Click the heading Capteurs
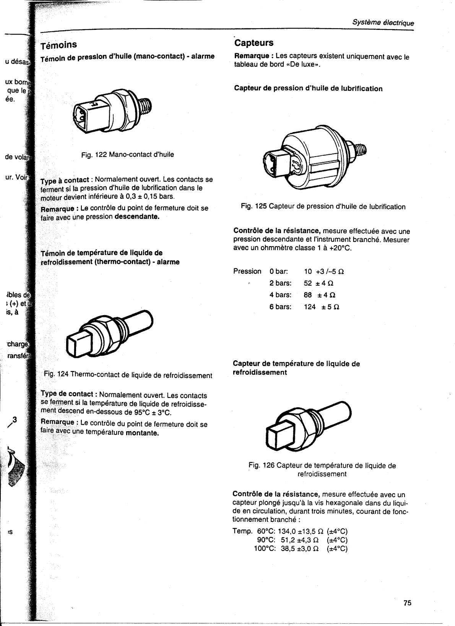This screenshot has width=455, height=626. [x=254, y=42]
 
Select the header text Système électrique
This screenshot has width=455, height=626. [x=383, y=23]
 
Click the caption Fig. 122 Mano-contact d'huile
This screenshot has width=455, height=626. [x=127, y=155]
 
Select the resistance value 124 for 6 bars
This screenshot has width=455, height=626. [x=310, y=307]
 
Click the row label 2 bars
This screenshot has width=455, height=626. [x=280, y=283]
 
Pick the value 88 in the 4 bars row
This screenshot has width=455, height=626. [x=308, y=295]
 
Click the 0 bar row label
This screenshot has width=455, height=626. [x=278, y=271]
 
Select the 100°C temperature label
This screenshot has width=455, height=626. [x=265, y=549]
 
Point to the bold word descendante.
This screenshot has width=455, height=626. [x=137, y=217]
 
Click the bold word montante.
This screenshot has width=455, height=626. [x=142, y=433]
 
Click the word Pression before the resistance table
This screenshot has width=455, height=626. [x=247, y=271]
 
